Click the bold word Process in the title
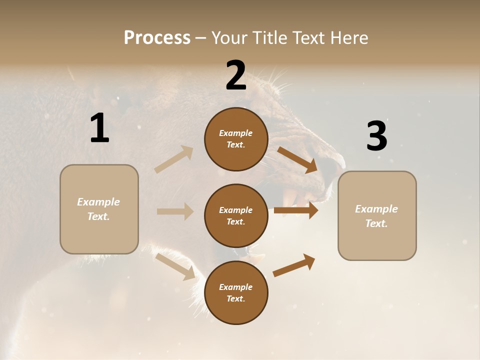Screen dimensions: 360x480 [x=157, y=37]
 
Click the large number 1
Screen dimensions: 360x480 [x=99, y=128]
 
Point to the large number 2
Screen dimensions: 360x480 [x=236, y=75]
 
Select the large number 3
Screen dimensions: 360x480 [x=376, y=136]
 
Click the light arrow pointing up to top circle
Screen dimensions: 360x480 [x=174, y=159]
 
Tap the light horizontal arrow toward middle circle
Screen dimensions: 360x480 [x=175, y=211]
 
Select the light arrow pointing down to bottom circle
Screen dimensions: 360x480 [x=175, y=266]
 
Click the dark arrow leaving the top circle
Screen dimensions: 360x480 [x=297, y=160]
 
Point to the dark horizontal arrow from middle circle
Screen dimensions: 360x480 [x=296, y=210]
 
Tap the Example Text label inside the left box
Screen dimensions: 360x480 [x=98, y=209]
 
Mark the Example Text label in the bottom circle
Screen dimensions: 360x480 [x=235, y=292]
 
